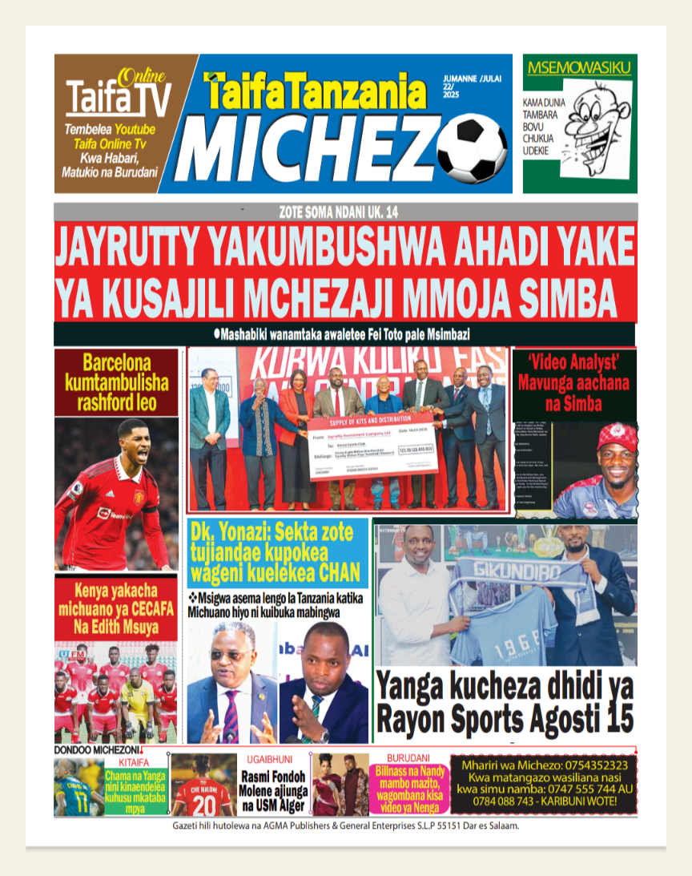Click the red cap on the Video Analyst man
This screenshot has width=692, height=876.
[x=617, y=436]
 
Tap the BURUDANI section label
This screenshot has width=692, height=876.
[x=408, y=757]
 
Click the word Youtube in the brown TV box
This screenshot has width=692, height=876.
[x=135, y=130]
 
